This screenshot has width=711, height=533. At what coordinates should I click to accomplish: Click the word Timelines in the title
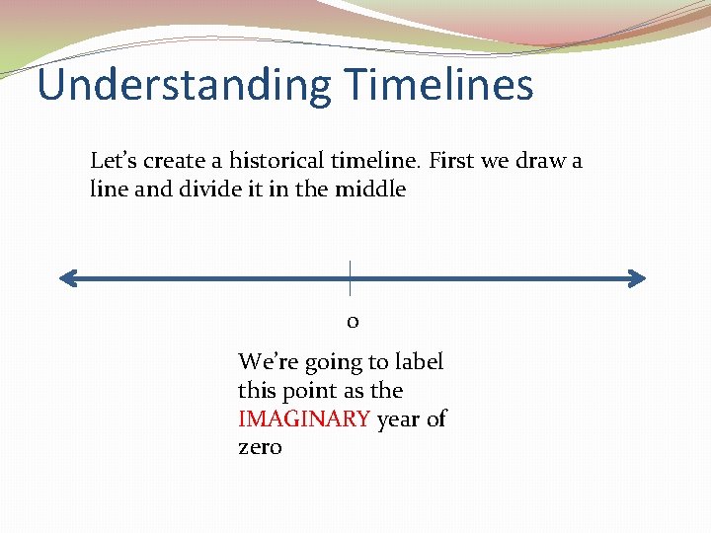[439, 85]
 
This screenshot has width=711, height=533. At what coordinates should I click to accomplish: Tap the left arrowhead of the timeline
[66, 279]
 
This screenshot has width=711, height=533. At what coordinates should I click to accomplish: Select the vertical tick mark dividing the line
[350, 277]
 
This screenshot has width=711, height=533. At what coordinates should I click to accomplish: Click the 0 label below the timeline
[352, 322]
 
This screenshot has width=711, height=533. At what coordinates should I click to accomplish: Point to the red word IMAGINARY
[304, 419]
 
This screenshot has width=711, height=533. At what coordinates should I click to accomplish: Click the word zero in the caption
[260, 447]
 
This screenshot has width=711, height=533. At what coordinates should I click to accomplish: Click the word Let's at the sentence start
[112, 160]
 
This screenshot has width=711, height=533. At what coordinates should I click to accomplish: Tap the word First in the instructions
[452, 160]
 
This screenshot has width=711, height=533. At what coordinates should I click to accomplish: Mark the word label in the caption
[419, 362]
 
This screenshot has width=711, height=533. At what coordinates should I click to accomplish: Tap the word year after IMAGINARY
[399, 419]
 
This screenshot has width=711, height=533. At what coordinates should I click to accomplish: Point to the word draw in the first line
[539, 160]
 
